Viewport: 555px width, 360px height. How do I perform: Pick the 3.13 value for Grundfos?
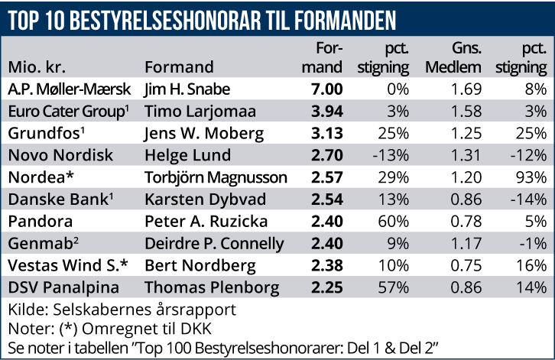click(327, 133)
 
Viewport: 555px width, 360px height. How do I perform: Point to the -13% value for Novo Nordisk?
click(393, 155)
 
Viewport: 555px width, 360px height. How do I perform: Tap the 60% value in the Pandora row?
click(397, 223)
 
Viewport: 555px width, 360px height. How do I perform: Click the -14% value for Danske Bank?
click(527, 200)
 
